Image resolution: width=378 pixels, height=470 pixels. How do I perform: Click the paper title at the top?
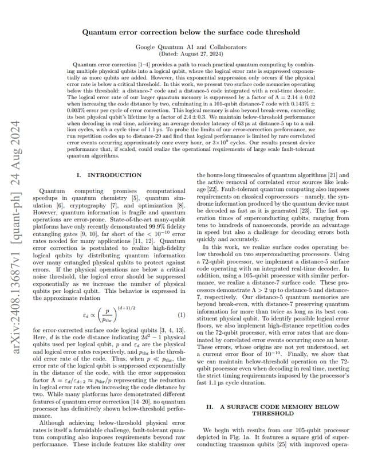[191, 33]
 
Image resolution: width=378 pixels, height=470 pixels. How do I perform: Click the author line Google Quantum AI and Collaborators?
[191, 46]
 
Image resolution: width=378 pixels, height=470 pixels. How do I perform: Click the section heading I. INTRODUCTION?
[109, 175]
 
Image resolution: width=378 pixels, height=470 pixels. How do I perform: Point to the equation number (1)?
[182, 315]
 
